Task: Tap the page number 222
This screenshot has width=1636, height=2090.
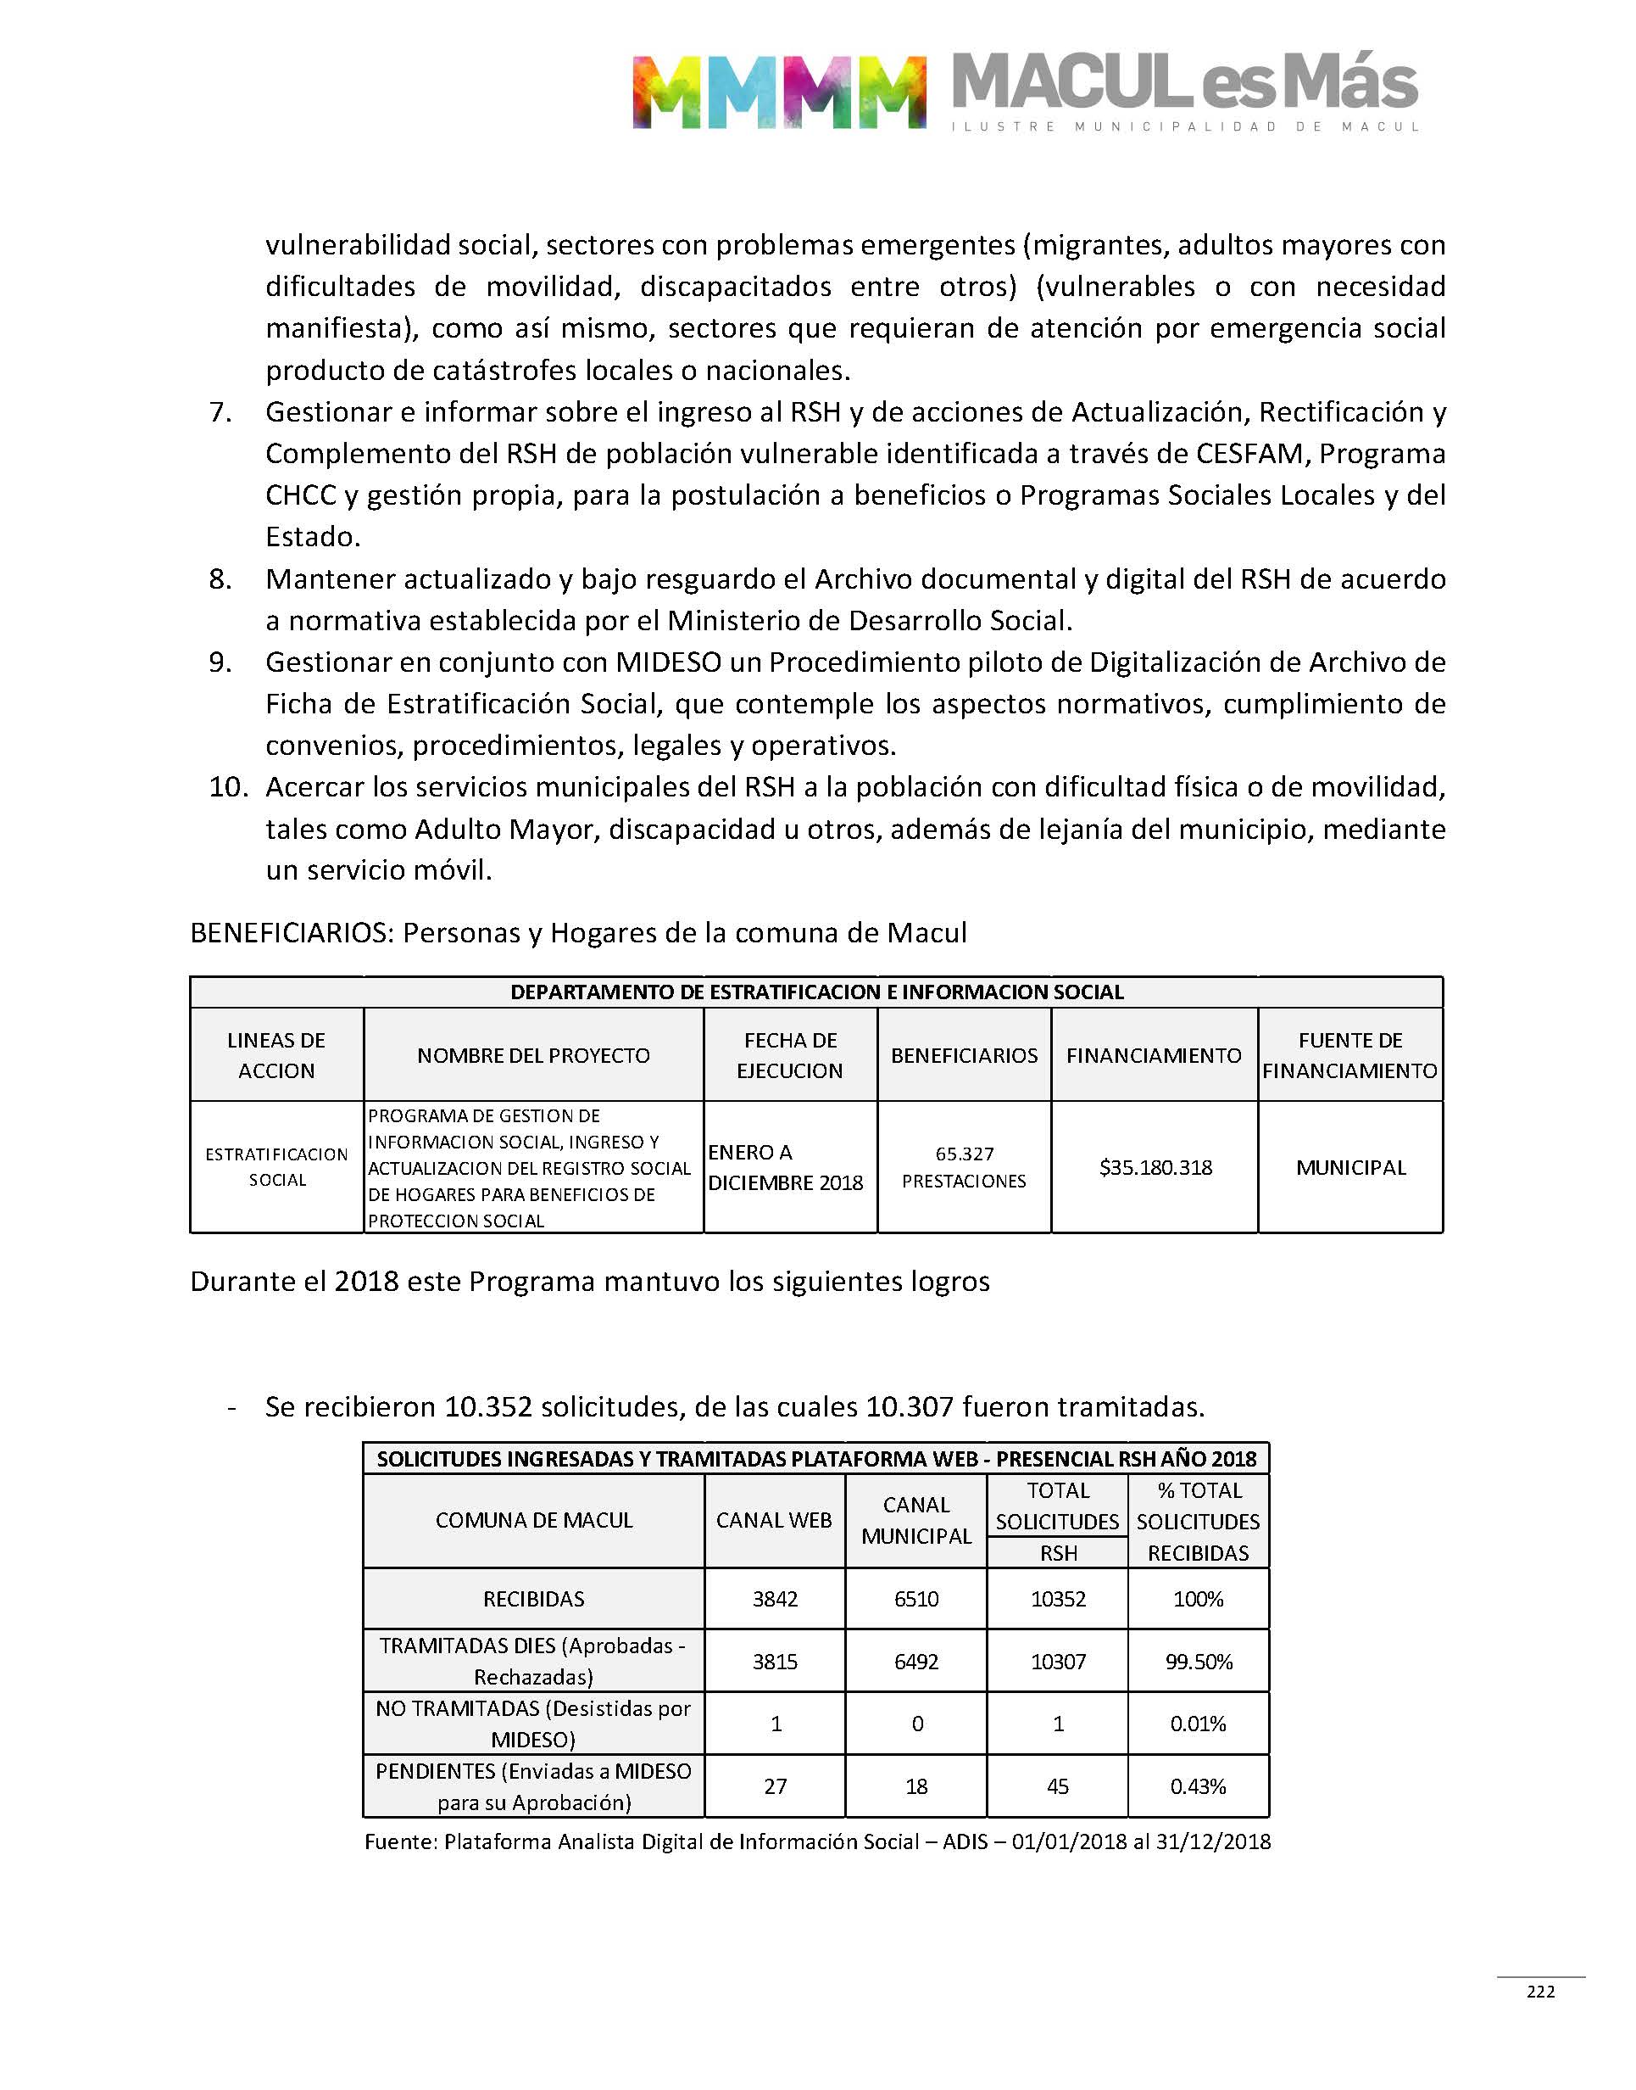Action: click(1540, 1992)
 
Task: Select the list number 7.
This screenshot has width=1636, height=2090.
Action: click(220, 412)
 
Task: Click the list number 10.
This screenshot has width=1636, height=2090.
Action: click(228, 787)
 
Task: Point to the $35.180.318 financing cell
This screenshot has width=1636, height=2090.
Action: click(1155, 1167)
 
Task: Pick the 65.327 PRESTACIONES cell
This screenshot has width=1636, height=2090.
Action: click(964, 1167)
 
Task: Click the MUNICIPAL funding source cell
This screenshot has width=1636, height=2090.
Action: click(1350, 1167)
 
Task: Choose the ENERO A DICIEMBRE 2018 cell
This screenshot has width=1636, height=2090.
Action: click(786, 1167)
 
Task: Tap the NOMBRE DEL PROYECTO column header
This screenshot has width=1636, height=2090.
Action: click(532, 1055)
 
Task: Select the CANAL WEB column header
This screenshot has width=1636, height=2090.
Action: click(774, 1520)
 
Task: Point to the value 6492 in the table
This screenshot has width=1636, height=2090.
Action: click(915, 1662)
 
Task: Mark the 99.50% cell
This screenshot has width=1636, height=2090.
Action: click(1199, 1662)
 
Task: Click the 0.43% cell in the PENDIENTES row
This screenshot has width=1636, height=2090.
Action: click(1199, 1786)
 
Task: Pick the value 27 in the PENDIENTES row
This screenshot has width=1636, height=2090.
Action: click(775, 1786)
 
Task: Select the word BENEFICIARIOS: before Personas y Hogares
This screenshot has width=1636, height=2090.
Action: click(292, 932)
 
